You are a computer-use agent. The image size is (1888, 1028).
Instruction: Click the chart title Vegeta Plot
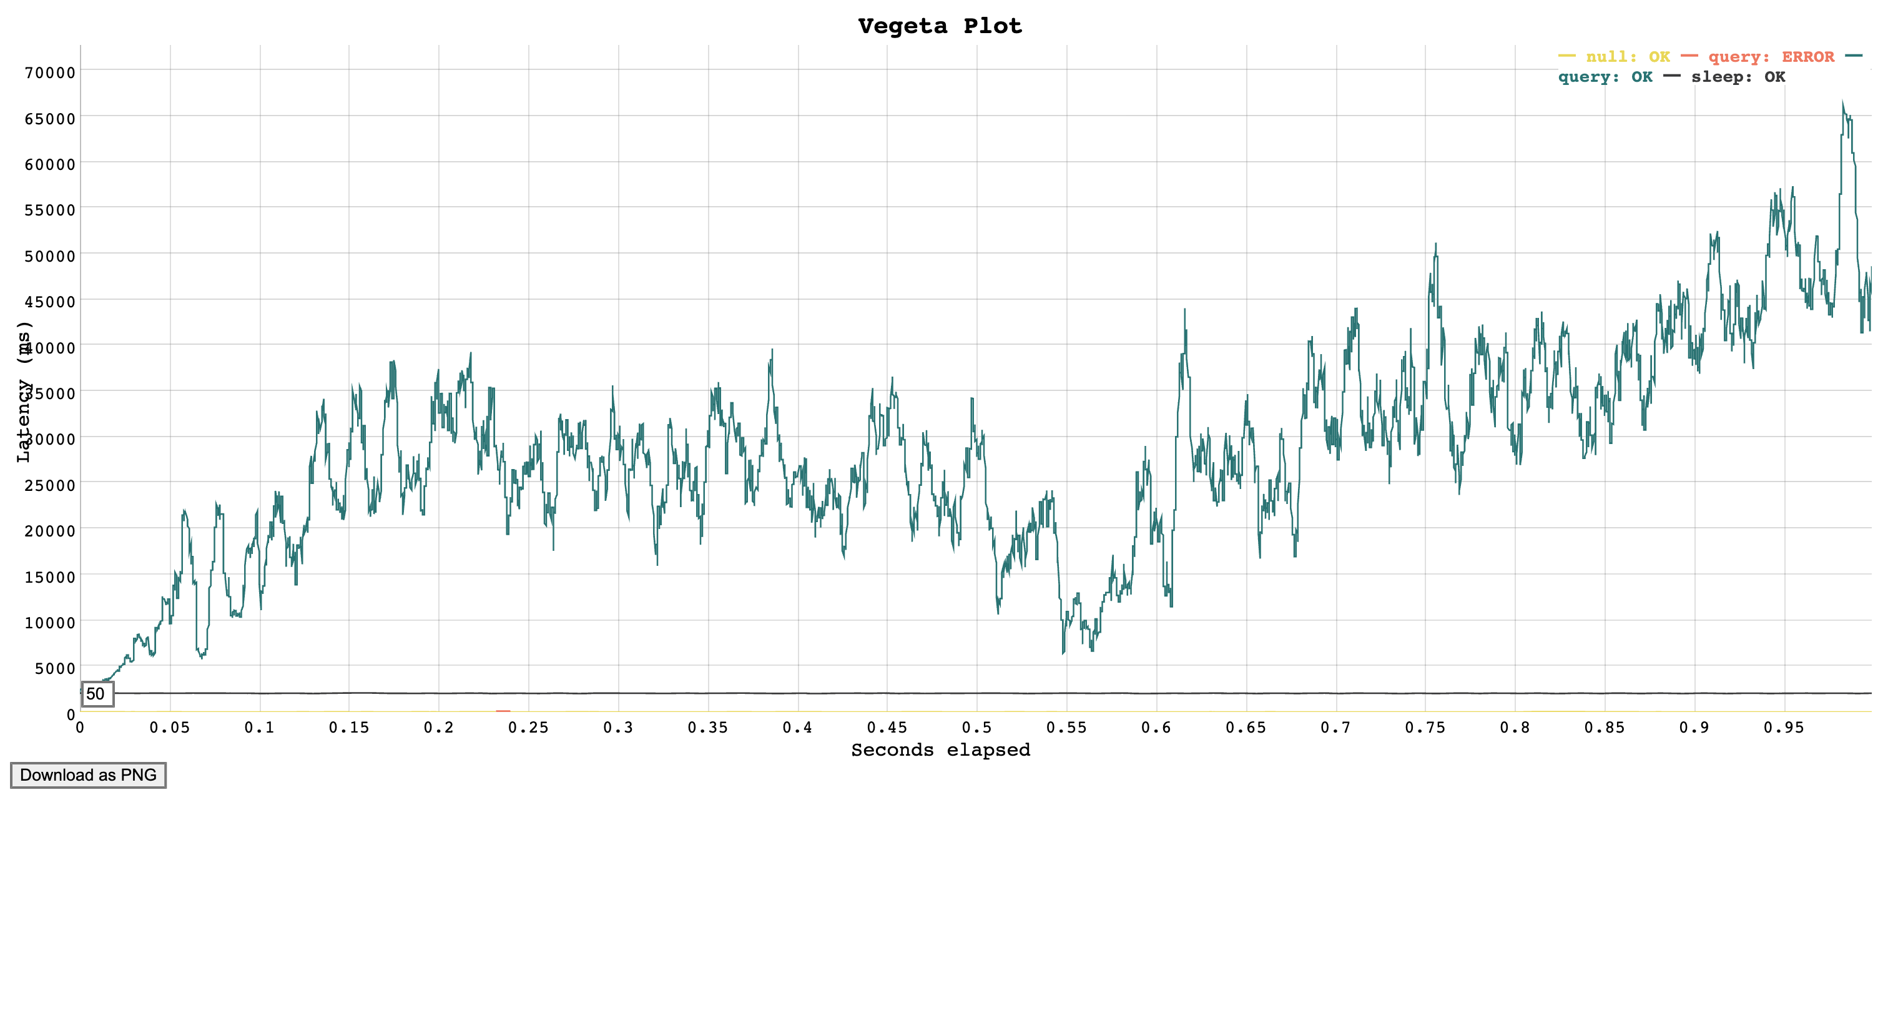pos(940,26)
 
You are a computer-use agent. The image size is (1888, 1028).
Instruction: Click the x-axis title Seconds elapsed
pos(940,750)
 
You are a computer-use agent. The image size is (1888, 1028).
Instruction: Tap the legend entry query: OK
pos(1605,77)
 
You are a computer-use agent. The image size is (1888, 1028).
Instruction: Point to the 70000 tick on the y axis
pos(50,72)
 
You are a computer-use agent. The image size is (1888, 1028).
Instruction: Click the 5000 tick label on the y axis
pos(54,668)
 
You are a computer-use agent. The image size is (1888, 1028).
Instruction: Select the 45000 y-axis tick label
pos(50,302)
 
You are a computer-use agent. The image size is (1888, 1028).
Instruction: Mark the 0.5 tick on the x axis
pos(976,728)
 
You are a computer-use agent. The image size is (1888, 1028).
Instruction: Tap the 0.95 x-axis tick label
pos(1784,728)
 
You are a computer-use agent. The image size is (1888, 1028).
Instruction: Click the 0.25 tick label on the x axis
pos(528,728)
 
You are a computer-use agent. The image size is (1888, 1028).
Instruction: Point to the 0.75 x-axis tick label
pos(1425,728)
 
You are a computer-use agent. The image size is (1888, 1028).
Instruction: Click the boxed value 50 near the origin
pos(96,694)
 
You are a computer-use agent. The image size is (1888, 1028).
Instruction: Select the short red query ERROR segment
pos(503,711)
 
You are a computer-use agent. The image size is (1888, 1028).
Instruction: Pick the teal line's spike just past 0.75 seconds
pos(1436,245)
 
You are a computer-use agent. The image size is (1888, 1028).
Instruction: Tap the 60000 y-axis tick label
pos(50,164)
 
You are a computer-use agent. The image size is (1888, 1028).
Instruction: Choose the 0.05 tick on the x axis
pos(169,728)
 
